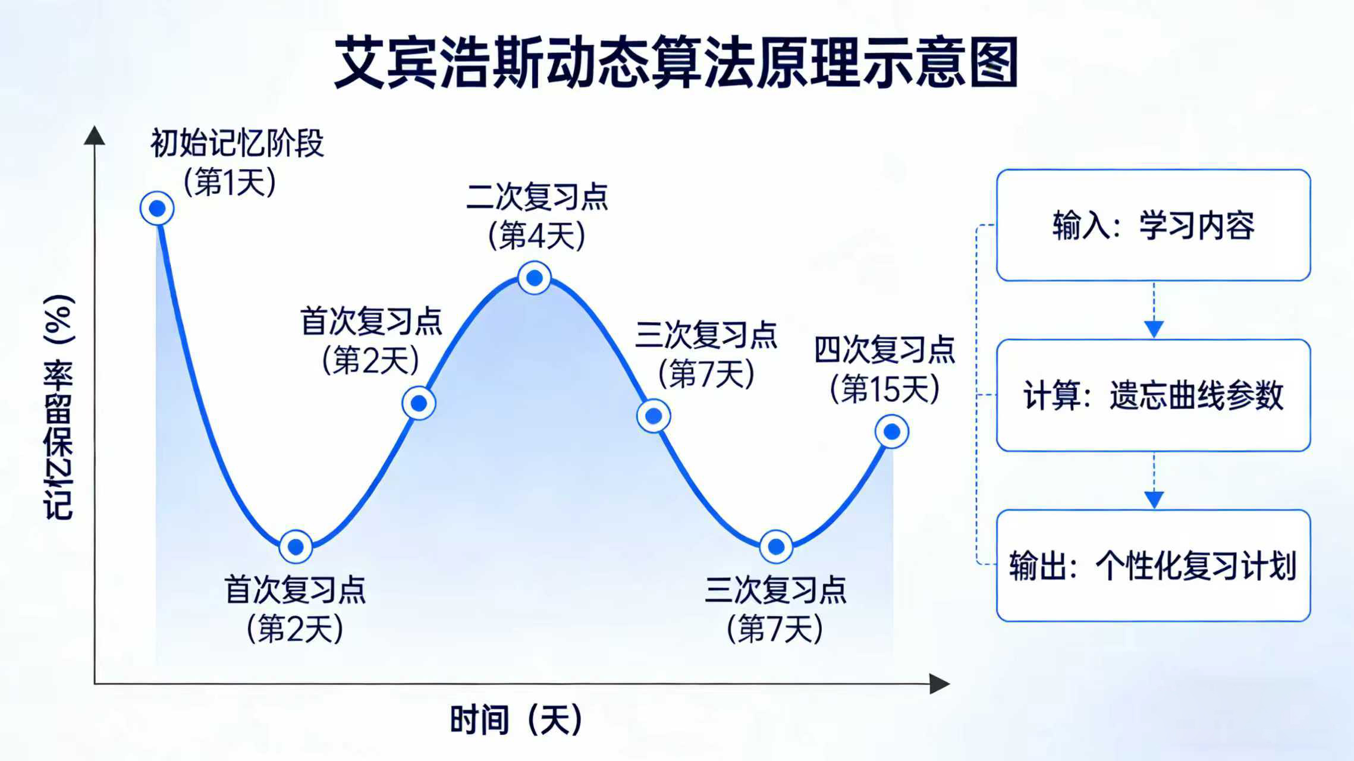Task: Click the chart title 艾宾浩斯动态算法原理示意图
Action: tap(676, 63)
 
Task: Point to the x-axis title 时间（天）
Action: tap(516, 720)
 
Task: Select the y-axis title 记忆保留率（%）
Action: tap(59, 408)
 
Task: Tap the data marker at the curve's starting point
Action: tap(157, 209)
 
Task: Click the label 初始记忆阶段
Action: tap(237, 143)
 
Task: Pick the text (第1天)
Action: tap(230, 181)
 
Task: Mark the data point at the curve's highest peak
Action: tap(535, 278)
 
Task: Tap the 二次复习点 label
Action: tap(537, 197)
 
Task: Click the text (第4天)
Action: tap(537, 235)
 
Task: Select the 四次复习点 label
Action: tap(884, 350)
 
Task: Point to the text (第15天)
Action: tap(884, 389)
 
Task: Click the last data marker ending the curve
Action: tap(892, 432)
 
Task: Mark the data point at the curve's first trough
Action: tap(296, 546)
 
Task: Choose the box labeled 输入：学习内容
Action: tap(1154, 225)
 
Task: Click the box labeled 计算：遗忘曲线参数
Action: tap(1154, 395)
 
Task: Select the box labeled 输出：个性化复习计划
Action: tap(1154, 565)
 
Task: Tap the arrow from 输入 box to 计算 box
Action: tap(1154, 310)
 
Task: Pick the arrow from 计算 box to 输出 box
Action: tap(1154, 480)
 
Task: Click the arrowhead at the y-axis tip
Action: tap(94, 136)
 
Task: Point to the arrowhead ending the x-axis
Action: tap(940, 684)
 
